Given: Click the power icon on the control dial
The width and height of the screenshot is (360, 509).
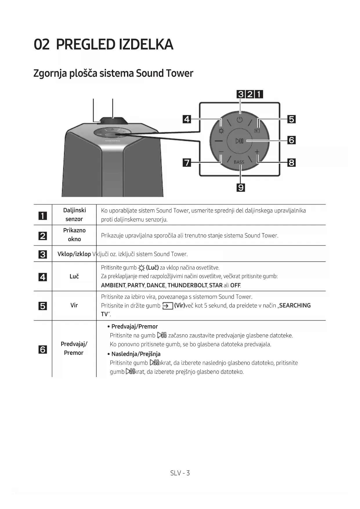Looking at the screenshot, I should [239, 120].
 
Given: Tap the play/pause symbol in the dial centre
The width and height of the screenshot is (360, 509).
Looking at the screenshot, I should [239, 141].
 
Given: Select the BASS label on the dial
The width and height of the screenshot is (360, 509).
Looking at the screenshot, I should [239, 162].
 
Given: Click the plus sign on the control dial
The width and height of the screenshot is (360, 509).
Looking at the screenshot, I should [257, 152].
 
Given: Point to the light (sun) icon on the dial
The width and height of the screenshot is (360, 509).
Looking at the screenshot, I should [221, 131].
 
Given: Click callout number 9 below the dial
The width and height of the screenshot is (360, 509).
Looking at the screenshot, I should [241, 188].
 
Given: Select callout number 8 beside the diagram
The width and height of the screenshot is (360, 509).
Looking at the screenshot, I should [292, 163].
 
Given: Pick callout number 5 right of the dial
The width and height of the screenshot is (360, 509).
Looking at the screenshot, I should [292, 119].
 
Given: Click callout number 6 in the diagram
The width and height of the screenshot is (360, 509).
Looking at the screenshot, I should [292, 140].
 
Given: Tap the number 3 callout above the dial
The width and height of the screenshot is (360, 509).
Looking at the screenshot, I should [241, 94].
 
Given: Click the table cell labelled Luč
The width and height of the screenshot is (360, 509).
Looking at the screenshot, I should [74, 277].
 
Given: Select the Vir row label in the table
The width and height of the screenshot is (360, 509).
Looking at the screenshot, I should [74, 305].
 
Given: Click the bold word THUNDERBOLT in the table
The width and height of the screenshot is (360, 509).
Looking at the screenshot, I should [187, 285].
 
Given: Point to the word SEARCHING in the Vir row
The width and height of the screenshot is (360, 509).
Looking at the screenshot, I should [295, 305].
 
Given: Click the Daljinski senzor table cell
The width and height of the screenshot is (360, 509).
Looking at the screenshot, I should [74, 215].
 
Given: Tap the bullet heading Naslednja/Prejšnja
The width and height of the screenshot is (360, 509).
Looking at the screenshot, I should [136, 354].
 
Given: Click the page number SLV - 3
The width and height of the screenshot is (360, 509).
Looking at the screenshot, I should [180, 473].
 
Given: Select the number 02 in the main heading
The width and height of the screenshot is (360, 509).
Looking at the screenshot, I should [42, 45].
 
